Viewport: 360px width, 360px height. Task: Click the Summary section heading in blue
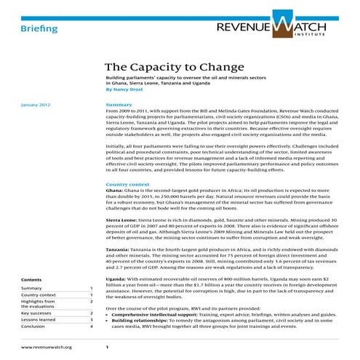click(119, 105)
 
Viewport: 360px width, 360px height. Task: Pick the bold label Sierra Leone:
click(124, 219)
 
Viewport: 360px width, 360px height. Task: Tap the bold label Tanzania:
click(120, 251)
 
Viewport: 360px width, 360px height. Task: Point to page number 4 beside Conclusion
click(91, 327)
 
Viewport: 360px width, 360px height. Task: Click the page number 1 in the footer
click(107, 348)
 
